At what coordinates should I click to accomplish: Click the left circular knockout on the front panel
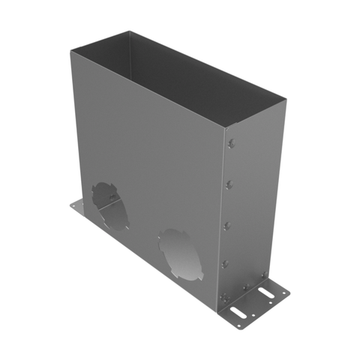[110, 206]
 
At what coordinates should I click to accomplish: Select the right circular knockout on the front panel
[178, 253]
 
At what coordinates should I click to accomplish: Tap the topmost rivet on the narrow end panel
[231, 146]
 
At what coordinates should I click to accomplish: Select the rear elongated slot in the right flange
[271, 293]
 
